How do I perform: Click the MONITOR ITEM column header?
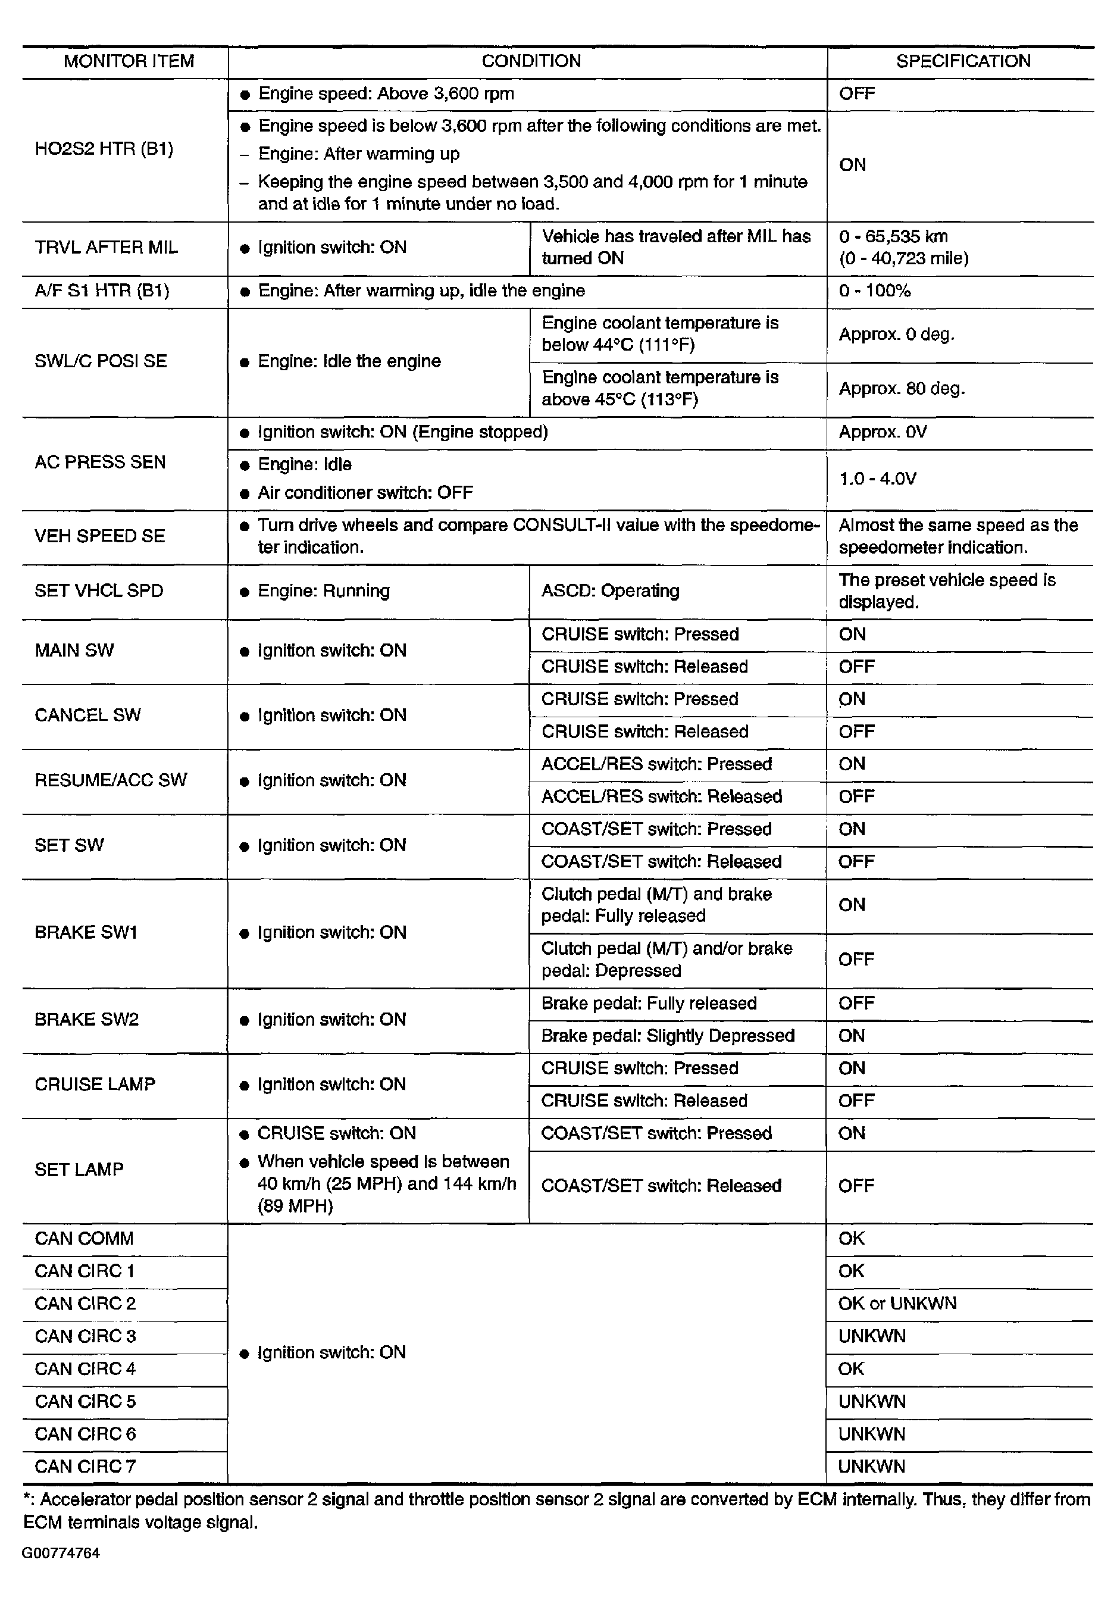[x=129, y=61]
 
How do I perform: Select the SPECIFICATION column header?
[x=963, y=61]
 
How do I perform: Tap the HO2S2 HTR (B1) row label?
[x=104, y=149]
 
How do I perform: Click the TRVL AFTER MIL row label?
[x=106, y=247]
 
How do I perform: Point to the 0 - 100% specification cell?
[x=874, y=290]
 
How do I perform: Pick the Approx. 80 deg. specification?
[x=902, y=388]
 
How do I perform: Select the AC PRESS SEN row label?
[x=100, y=462]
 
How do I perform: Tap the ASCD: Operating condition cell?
[x=610, y=590]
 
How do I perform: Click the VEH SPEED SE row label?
[x=100, y=536]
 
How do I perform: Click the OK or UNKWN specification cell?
[x=897, y=1304]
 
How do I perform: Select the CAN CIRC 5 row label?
[x=85, y=1401]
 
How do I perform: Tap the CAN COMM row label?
[x=84, y=1239]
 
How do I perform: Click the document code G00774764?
[x=61, y=1553]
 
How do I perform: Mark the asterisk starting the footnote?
[x=27, y=1498]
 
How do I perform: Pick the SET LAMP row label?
[x=79, y=1170]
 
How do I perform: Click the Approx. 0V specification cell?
[x=883, y=432]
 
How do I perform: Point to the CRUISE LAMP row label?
[x=95, y=1085]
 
